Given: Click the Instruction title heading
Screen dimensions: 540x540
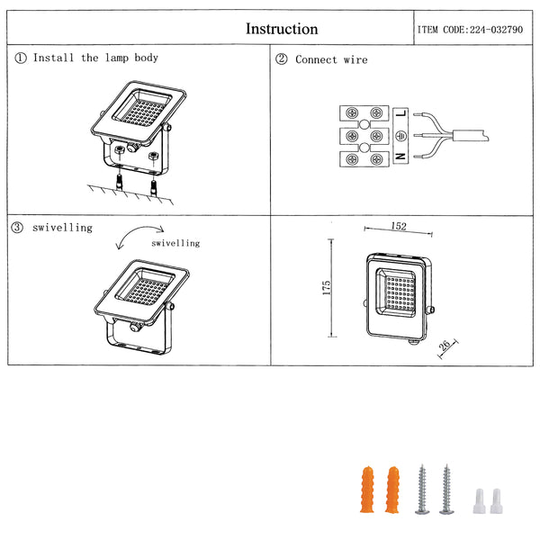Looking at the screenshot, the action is click(x=282, y=29).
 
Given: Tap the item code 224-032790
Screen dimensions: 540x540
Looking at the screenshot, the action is click(x=496, y=30).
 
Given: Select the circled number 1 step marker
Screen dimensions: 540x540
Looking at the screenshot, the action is click(x=21, y=58).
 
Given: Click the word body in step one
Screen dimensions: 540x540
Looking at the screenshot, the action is click(x=147, y=58).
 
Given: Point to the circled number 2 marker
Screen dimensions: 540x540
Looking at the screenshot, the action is click(x=281, y=58).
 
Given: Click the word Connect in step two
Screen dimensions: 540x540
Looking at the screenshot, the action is click(x=316, y=59).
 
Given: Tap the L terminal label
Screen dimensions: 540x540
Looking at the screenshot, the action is click(x=401, y=113).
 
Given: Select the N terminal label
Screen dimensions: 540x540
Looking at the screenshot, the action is click(x=400, y=157).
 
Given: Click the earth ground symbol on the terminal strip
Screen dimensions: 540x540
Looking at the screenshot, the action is click(x=400, y=136).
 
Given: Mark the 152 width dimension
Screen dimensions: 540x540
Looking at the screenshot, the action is click(x=399, y=226).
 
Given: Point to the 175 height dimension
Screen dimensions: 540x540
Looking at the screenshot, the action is click(x=326, y=288).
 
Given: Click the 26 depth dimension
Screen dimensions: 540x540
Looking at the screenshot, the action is click(x=444, y=345).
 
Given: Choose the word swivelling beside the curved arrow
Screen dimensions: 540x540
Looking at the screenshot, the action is click(x=175, y=243).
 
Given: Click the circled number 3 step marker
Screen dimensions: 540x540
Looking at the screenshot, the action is click(x=17, y=228).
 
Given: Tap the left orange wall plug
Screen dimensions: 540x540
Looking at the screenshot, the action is click(x=367, y=490).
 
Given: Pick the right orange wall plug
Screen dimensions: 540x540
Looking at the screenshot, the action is click(x=392, y=490).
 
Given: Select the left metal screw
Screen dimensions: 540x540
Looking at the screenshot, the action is click(x=422, y=490).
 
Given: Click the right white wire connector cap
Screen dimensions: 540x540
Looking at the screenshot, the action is click(x=496, y=501).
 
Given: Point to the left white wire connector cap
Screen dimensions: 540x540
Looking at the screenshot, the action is click(x=479, y=501).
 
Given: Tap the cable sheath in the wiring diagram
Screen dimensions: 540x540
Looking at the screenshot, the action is click(x=471, y=135).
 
